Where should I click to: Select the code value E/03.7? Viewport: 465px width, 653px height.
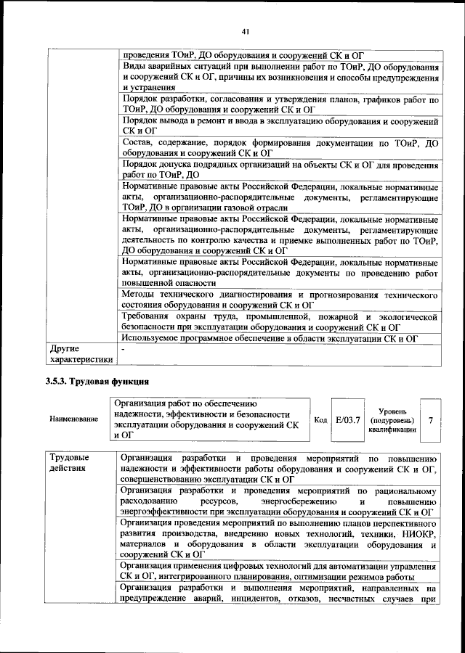(x=347, y=420)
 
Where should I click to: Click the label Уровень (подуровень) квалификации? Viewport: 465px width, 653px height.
(x=392, y=420)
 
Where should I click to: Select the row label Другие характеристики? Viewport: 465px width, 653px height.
(x=81, y=353)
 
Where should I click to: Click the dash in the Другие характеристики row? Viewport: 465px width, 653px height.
(x=124, y=349)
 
